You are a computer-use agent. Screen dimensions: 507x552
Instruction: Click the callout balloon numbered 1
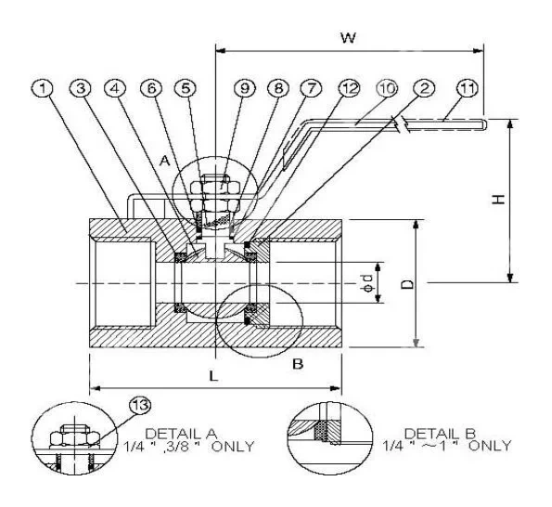43,90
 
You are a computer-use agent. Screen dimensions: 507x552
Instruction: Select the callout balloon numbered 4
115,90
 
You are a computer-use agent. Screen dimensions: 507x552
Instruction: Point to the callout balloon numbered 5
188,90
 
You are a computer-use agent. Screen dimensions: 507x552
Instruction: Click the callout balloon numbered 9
245,90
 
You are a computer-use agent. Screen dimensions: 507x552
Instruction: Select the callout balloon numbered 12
348,90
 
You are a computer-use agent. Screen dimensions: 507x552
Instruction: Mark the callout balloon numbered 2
425,90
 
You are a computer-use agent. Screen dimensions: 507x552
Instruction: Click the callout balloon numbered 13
139,406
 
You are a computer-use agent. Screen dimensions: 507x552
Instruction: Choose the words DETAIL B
434,434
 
